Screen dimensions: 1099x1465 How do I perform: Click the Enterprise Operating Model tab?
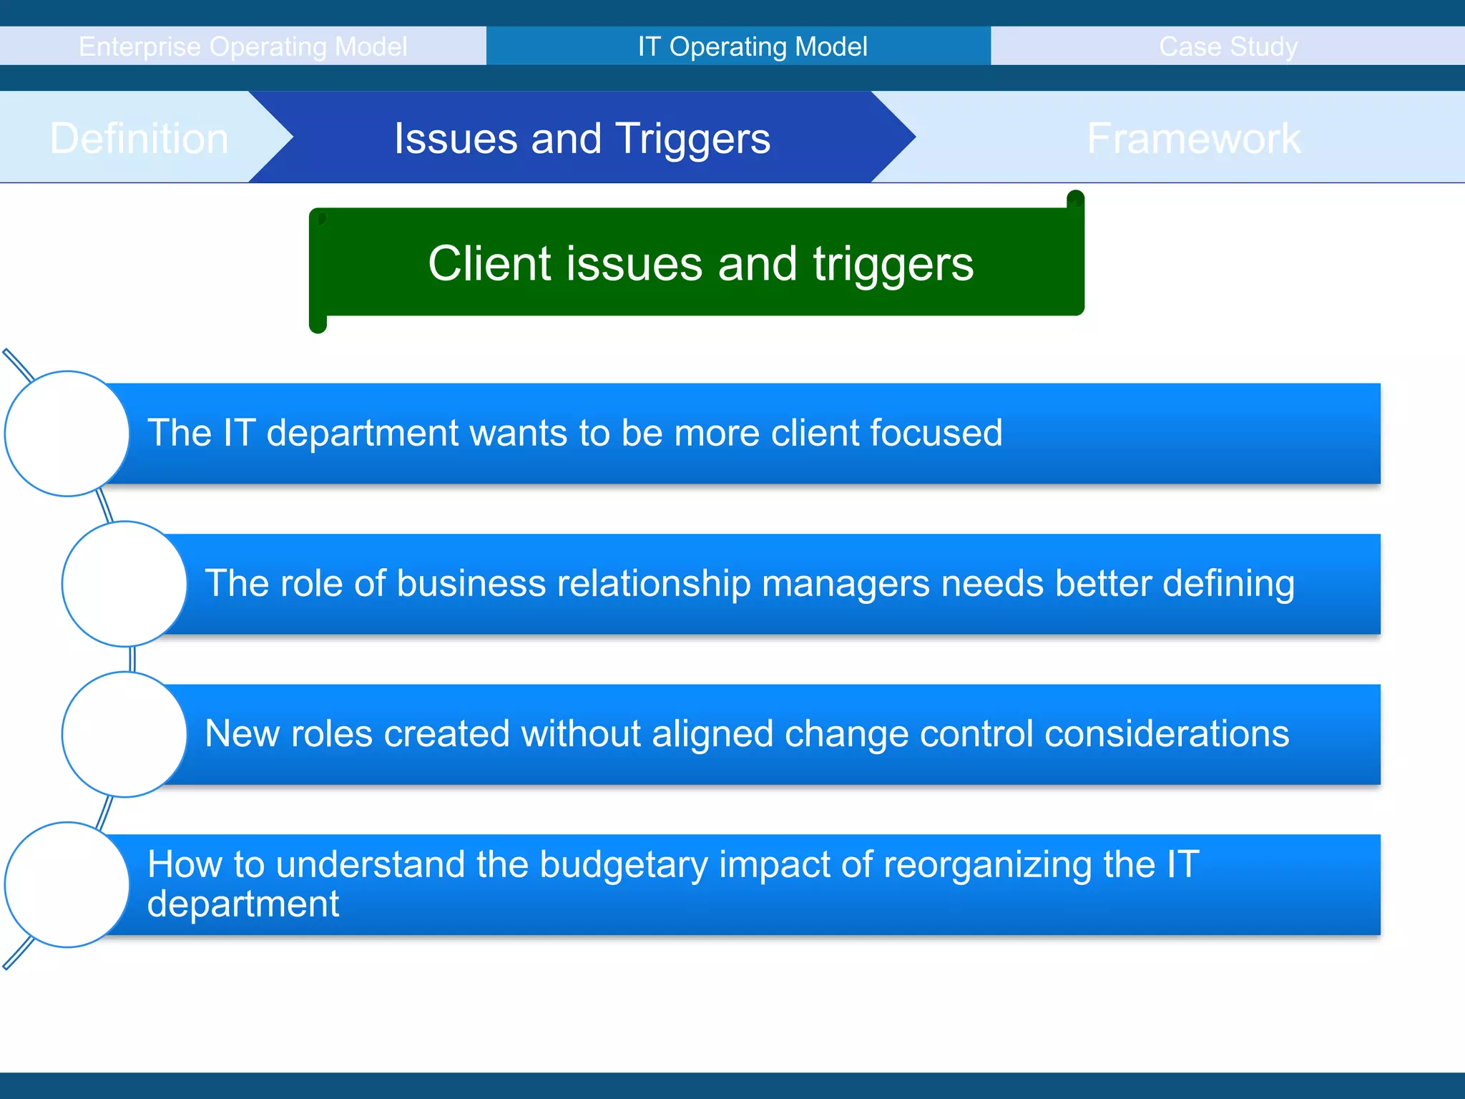pos(242,47)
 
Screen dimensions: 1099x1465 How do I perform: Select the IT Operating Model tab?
pos(753,47)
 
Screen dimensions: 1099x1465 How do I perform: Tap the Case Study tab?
pos(1228,47)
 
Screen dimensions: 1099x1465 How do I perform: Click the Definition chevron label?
pos(139,138)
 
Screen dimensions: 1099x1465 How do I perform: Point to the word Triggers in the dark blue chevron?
pos(692,138)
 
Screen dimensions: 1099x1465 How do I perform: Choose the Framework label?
pos(1193,138)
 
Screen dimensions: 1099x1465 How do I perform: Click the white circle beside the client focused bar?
pos(67,434)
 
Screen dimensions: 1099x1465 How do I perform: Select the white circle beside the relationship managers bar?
pos(124,584)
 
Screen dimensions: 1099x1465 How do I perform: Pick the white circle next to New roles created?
pos(124,734)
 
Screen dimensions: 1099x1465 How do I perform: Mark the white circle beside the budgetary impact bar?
pos(67,884)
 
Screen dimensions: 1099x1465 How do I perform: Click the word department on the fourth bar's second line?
pos(242,904)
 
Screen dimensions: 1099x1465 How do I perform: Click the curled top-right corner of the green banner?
pos(1075,200)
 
